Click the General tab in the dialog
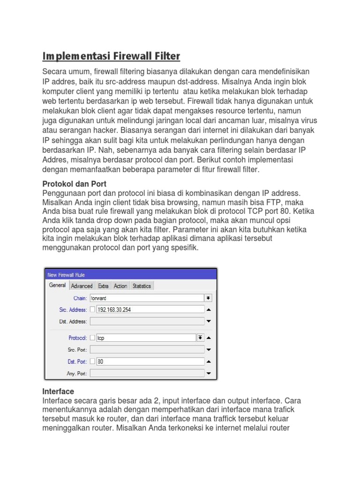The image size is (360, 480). tap(57, 285)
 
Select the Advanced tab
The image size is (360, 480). tap(82, 286)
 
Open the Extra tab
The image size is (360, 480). tap(103, 286)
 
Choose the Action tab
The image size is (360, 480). tap(120, 286)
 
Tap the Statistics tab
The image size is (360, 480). tap(142, 286)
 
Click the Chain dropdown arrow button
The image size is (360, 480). tap(209, 298)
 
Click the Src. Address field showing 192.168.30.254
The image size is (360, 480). tap(150, 309)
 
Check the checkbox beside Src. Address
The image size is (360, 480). tap(92, 309)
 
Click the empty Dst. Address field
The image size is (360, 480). tap(147, 321)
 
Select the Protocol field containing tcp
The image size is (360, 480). tap(145, 337)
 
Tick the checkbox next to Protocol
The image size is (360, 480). tap(92, 337)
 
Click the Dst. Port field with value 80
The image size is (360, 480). tap(150, 361)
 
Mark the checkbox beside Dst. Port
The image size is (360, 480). tap(92, 361)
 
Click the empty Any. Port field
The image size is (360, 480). tap(147, 374)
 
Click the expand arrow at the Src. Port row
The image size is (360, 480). tap(209, 350)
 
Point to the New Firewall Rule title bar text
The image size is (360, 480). tap(66, 275)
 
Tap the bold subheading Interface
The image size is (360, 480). tap(58, 391)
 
